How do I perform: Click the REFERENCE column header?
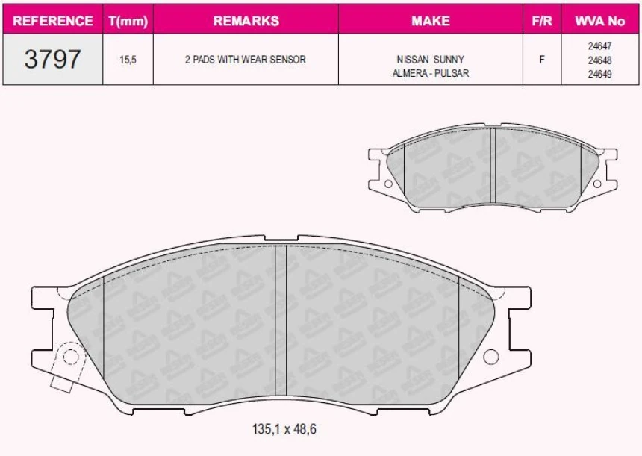pyautogui.click(x=53, y=21)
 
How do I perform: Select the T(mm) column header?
pyautogui.click(x=128, y=21)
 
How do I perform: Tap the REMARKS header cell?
pyautogui.click(x=246, y=21)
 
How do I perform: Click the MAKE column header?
pyautogui.click(x=430, y=21)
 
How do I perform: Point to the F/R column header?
pyautogui.click(x=541, y=21)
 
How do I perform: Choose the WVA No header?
pyautogui.click(x=599, y=21)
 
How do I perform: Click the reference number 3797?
pyautogui.click(x=52, y=60)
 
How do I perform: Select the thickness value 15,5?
pyautogui.click(x=128, y=60)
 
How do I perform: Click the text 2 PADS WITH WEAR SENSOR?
pyautogui.click(x=246, y=60)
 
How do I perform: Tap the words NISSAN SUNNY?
pyautogui.click(x=430, y=60)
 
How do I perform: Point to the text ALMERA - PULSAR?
pyautogui.click(x=430, y=73)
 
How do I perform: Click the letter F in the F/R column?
pyautogui.click(x=541, y=60)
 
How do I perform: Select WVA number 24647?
pyautogui.click(x=599, y=46)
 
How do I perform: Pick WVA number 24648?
pyautogui.click(x=599, y=60)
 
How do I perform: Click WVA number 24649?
pyautogui.click(x=599, y=74)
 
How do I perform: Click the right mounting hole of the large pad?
pyautogui.click(x=490, y=357)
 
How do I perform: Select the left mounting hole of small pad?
pyautogui.click(x=387, y=184)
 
